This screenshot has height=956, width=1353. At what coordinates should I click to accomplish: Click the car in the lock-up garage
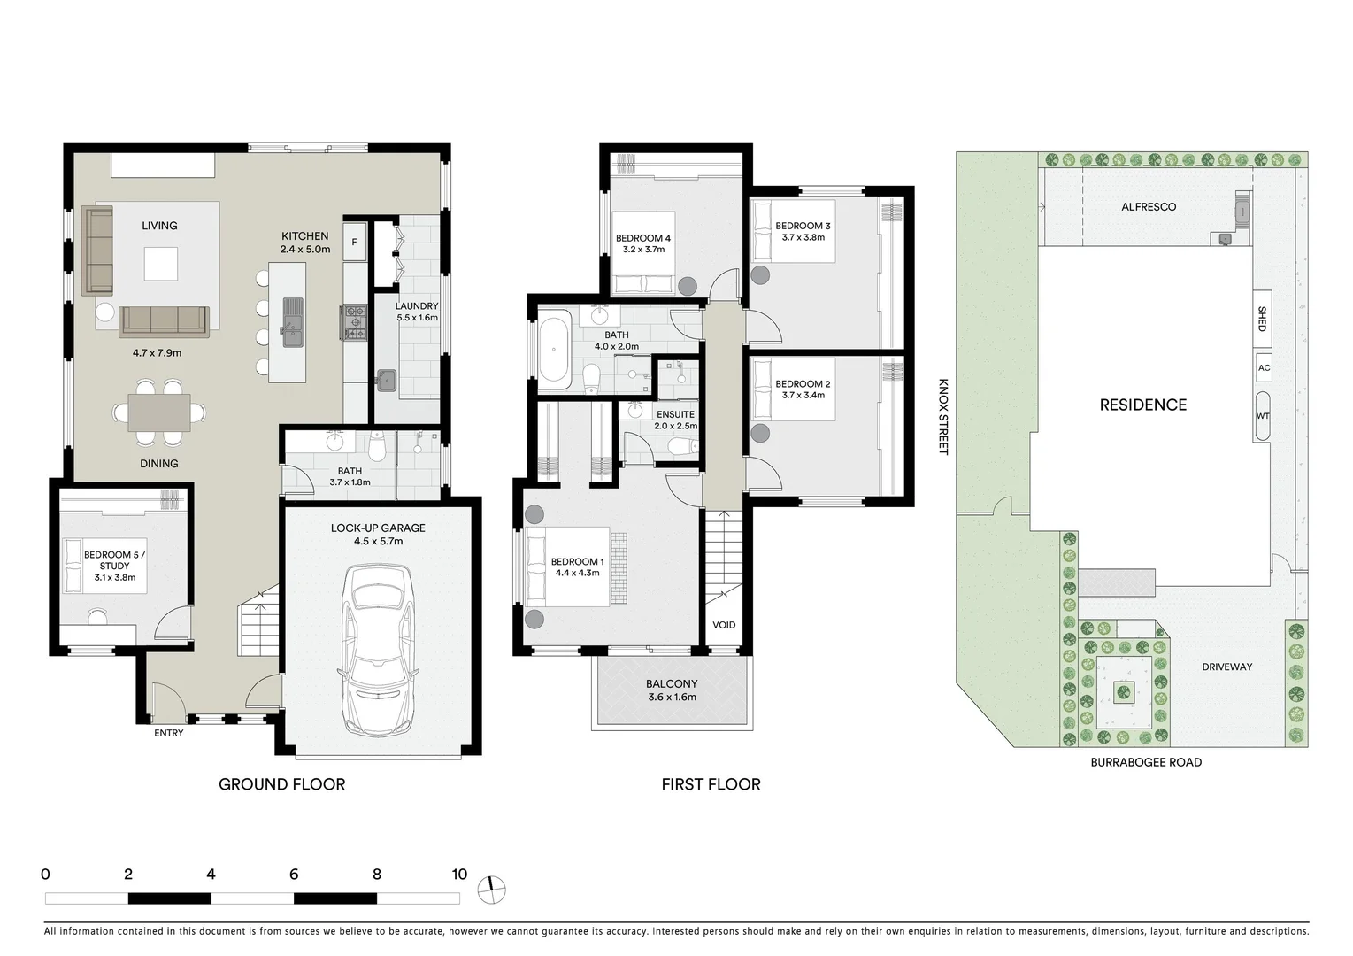coord(379,651)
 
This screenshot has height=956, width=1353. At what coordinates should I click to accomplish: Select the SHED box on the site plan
coord(1262,319)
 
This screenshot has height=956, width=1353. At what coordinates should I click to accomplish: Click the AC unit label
coord(1264,368)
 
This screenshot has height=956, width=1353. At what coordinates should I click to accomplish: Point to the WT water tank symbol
coord(1262,416)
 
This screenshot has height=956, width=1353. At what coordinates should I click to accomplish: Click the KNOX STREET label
coord(943,417)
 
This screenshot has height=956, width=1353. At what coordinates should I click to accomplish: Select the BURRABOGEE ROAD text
coord(1146,762)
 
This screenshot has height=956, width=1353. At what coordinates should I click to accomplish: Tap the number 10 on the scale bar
coord(458,875)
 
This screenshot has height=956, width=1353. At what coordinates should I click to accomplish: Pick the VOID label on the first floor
coord(724,625)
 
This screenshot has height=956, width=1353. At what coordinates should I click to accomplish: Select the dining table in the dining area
coord(159,412)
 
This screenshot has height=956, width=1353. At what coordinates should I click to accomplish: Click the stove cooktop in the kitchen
coord(354,322)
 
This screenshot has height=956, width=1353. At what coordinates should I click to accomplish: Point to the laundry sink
coord(387,381)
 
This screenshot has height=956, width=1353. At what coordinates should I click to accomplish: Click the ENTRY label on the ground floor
coord(169,733)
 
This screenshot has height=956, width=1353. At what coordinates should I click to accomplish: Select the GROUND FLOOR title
coord(281,784)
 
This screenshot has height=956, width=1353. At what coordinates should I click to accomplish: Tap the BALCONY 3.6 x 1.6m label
coord(672,690)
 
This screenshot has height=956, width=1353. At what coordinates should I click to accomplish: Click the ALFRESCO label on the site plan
coord(1149,207)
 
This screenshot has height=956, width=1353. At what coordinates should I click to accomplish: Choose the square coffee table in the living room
coord(161,264)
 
